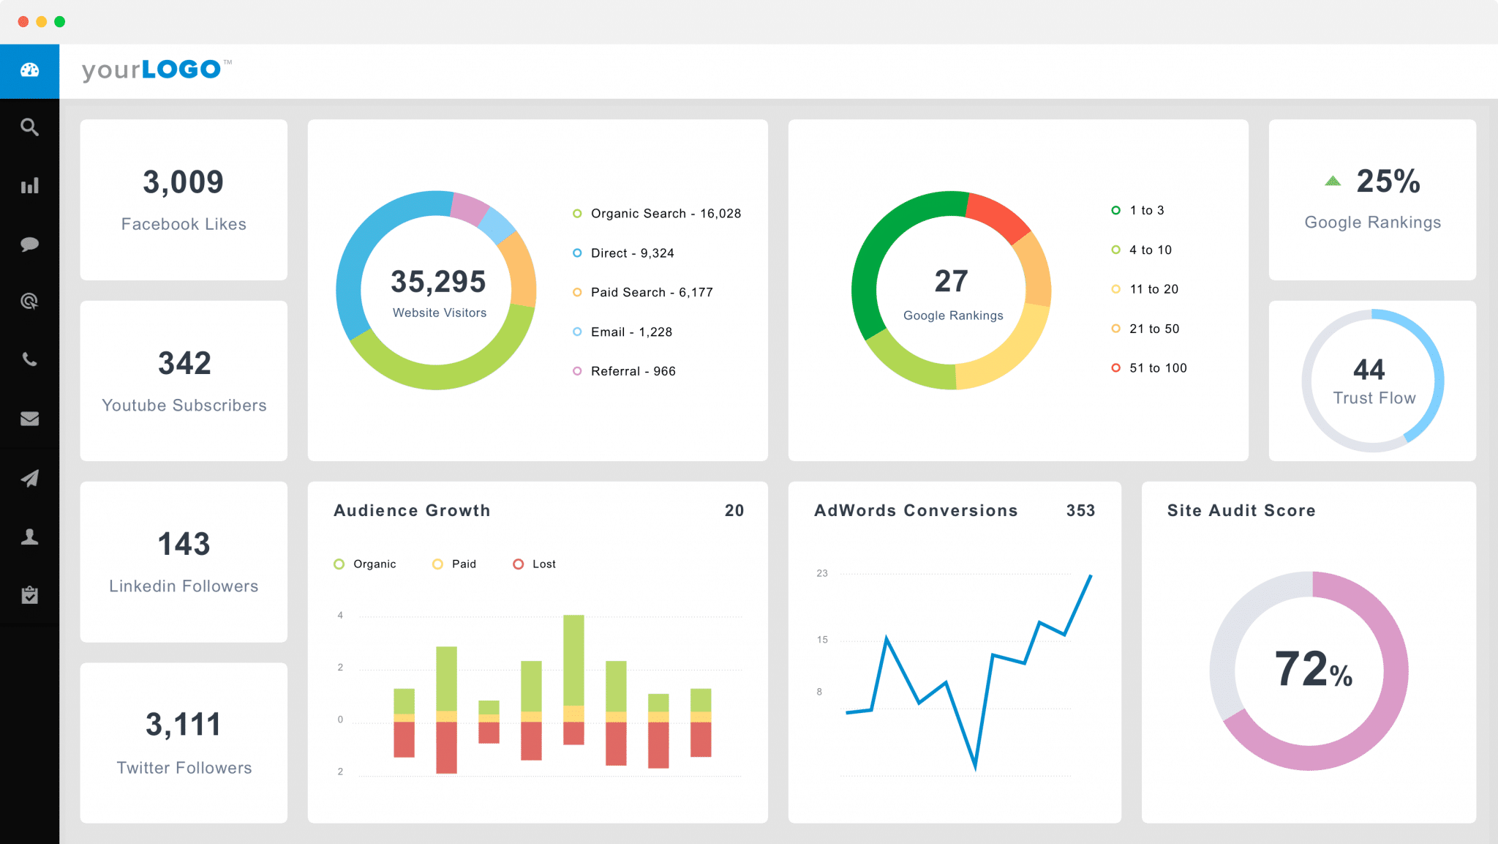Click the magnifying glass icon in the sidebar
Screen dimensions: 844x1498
(29, 127)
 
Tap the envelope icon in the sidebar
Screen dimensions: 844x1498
(29, 419)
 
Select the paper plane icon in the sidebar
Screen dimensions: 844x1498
(29, 478)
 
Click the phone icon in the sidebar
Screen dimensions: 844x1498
(29, 359)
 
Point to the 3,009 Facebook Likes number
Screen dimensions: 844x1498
(183, 182)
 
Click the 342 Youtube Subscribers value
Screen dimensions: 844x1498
(184, 363)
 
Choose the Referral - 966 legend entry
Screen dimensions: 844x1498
(633, 371)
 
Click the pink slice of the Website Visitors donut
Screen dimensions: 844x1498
(468, 208)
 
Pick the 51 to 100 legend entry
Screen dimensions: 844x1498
(1157, 368)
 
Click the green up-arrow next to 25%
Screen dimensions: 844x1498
(1333, 181)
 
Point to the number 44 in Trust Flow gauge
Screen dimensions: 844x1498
(1369, 370)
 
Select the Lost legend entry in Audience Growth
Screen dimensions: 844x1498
(543, 564)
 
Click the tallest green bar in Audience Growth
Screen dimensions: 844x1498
(573, 659)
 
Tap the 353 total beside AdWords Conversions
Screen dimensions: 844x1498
(1080, 511)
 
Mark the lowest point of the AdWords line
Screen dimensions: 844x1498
(975, 767)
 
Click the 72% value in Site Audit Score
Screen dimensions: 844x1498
(1313, 669)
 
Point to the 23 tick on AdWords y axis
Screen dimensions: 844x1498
(822, 573)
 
